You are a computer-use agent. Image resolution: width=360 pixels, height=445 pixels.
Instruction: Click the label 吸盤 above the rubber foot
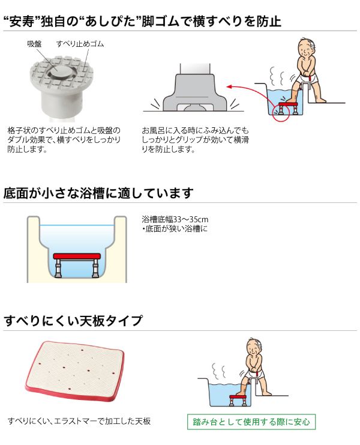click(34, 44)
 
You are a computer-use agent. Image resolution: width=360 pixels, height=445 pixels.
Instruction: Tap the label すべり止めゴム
click(80, 44)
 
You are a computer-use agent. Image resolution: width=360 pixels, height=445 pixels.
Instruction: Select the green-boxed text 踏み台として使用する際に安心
click(251, 422)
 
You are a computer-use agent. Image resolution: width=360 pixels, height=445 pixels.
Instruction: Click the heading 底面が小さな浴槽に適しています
click(98, 193)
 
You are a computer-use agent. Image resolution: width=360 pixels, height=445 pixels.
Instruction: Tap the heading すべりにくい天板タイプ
click(73, 321)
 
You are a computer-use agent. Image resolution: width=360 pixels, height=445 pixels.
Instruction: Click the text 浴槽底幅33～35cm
click(175, 219)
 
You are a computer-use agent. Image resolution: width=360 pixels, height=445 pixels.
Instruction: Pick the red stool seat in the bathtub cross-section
click(77, 256)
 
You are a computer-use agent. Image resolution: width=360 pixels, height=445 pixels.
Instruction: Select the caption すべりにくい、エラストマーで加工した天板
click(79, 421)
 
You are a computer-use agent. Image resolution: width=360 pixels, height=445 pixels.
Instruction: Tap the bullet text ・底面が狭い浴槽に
click(175, 228)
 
